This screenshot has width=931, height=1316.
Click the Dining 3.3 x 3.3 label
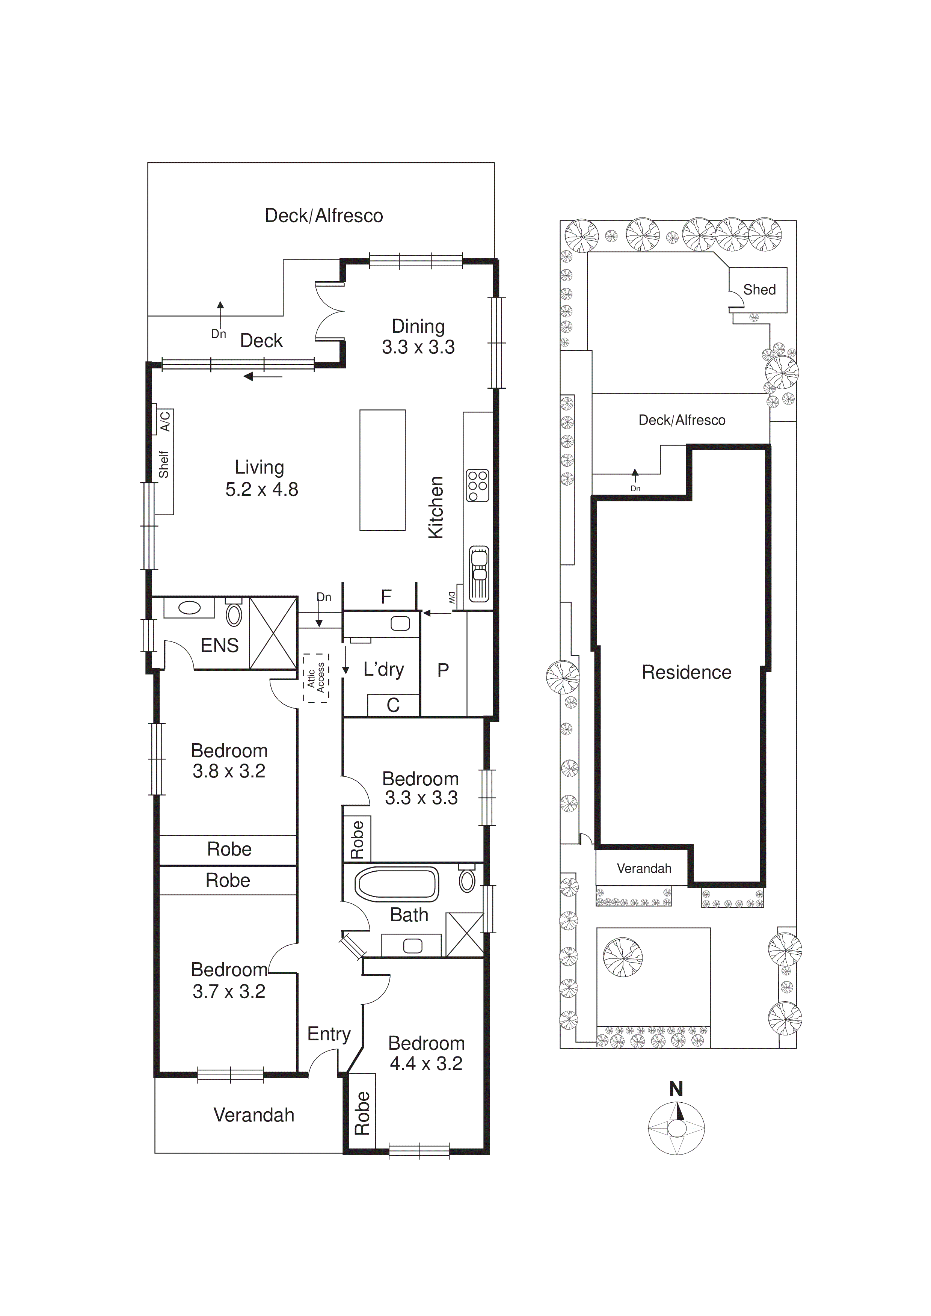pos(418,337)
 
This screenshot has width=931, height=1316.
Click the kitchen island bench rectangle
pos(382,470)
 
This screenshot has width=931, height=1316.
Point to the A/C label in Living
pos(165,421)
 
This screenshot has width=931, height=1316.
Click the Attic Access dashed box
pos(316,678)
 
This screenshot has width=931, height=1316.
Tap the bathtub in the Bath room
pos(397,883)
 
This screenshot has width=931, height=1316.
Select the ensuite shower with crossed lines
pos(273,633)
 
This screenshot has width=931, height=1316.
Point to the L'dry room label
pos(383,669)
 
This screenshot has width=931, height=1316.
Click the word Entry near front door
pos(329,1034)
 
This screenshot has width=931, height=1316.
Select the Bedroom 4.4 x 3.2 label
pos(426,1053)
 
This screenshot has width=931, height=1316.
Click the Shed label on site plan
pos(759,290)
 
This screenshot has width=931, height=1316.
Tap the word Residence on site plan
pos(686,672)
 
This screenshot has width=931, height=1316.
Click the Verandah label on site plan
pos(644,868)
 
